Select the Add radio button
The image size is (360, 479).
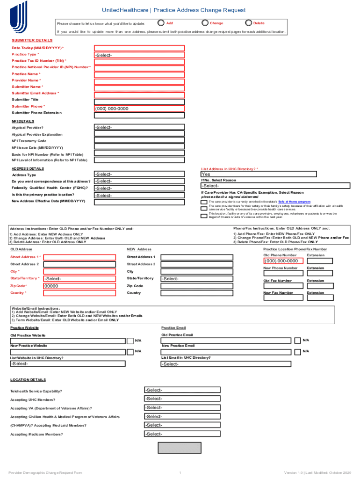pos(161,23)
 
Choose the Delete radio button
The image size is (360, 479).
pos(249,23)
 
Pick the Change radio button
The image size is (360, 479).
pos(205,23)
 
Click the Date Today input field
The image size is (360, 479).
pos(139,48)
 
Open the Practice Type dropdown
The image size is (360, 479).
pos(139,55)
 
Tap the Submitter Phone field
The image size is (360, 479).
pos(139,109)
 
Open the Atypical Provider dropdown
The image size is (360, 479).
pos(139,127)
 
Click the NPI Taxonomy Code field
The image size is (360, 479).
pos(139,141)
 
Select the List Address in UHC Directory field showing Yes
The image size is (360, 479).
pos(258,174)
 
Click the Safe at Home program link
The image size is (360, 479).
pos(294,202)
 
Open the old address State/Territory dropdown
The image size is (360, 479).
pos(79,279)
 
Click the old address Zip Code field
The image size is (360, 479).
pos(79,286)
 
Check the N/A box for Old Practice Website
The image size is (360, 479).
pos(131,340)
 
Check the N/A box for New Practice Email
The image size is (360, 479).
pos(298,351)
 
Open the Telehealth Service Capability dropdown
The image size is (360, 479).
pos(181,390)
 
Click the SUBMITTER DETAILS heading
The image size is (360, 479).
pos(32,40)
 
